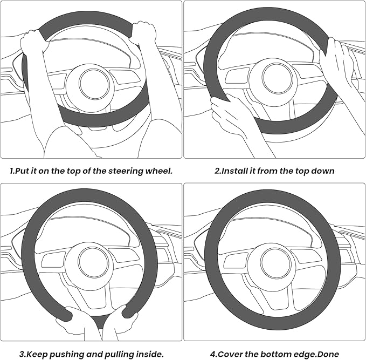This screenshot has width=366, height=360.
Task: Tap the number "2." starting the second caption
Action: pyautogui.click(x=218, y=171)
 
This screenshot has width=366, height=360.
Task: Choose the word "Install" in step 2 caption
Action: pyautogui.click(x=237, y=171)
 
